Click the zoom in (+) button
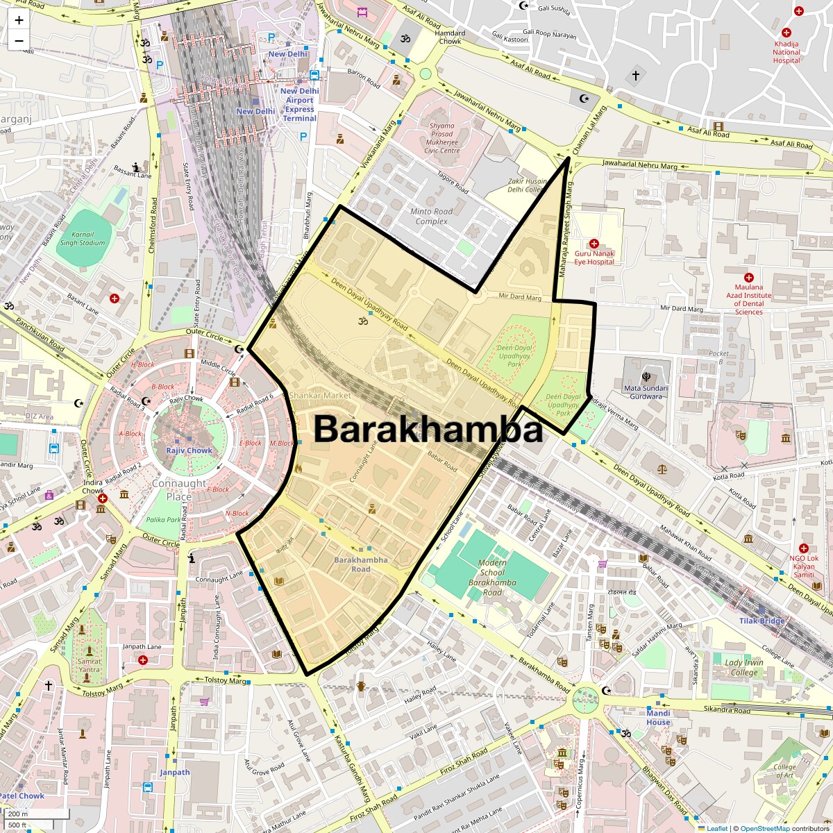click(x=19, y=21)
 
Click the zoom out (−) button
click(x=19, y=40)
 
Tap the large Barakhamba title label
click(x=428, y=430)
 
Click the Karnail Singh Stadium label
click(x=82, y=239)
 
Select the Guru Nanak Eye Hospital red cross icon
click(x=594, y=244)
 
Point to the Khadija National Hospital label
click(x=786, y=52)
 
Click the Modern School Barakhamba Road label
click(x=491, y=578)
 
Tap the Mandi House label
click(x=658, y=717)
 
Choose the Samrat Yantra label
click(x=90, y=666)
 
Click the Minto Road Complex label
click(x=431, y=217)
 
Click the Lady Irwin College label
click(x=744, y=668)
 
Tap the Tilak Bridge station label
click(x=762, y=621)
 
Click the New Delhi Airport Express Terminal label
click(x=299, y=105)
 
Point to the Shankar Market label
click(x=319, y=395)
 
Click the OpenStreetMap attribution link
click(x=764, y=828)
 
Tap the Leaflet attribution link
click(x=716, y=828)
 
